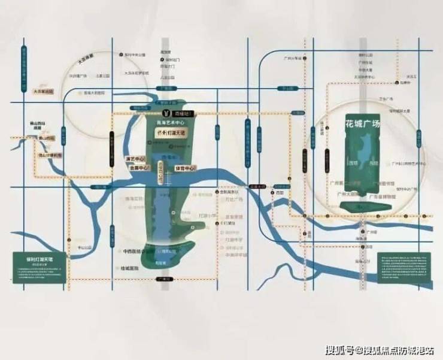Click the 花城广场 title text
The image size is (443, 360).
tap(363, 126)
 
